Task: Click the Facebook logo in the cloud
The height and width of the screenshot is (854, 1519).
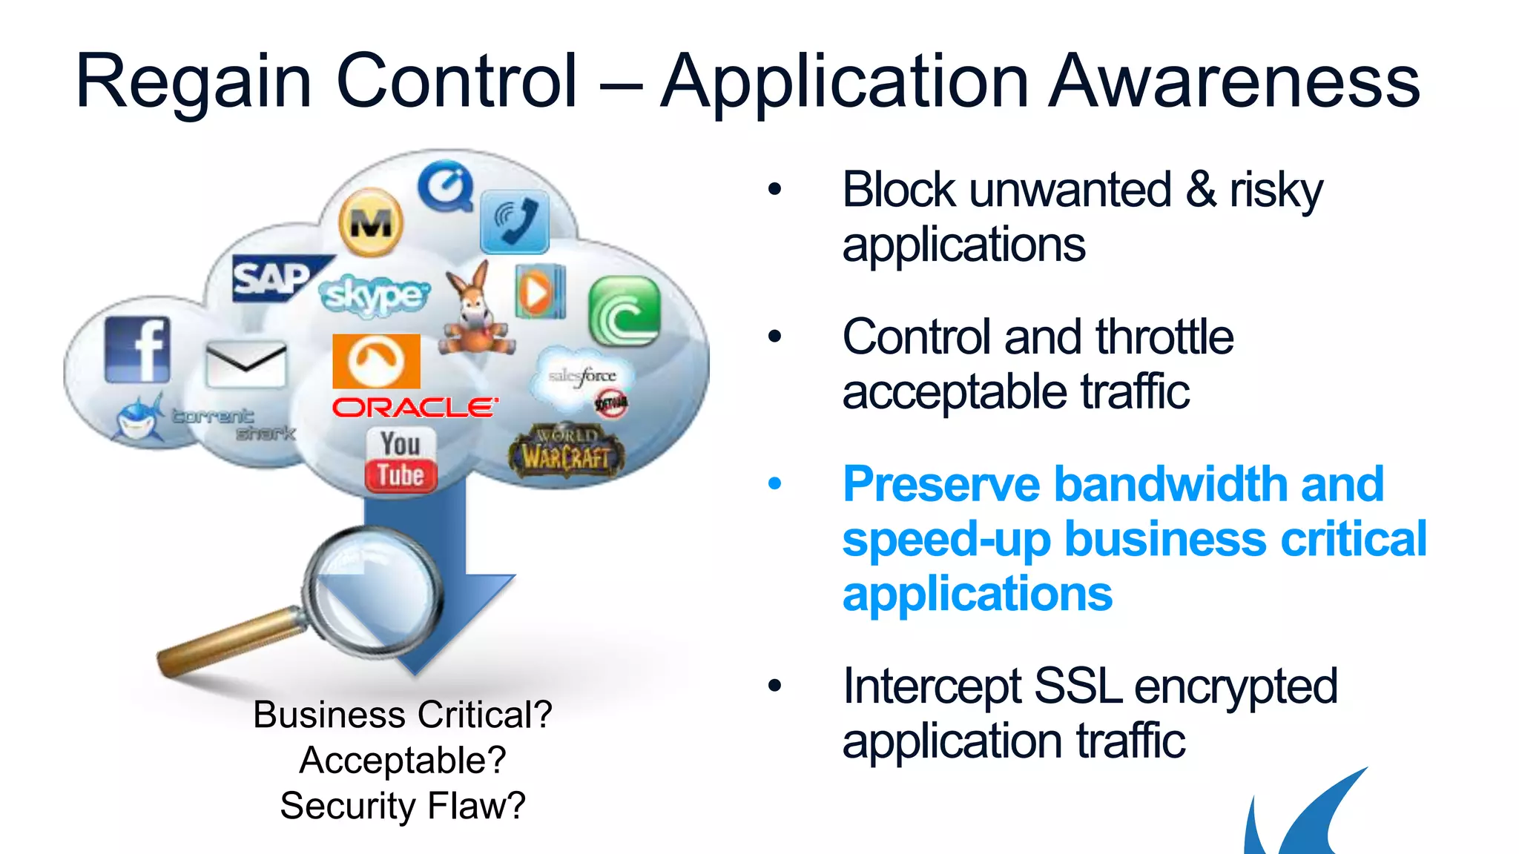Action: (x=137, y=350)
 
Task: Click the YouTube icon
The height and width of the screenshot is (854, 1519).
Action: (x=401, y=460)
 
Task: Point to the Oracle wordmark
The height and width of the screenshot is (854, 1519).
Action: (x=414, y=408)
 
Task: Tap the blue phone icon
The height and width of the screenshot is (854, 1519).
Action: (x=515, y=222)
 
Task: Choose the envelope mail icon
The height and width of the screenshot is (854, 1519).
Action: (x=246, y=363)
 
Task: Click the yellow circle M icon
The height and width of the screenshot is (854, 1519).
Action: (x=371, y=222)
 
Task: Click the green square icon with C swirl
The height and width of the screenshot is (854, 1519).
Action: (x=624, y=312)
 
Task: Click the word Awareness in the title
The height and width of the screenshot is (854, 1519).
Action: (x=1235, y=81)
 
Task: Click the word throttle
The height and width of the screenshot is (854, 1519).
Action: (x=1164, y=337)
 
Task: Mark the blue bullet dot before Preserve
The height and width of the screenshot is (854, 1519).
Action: (x=775, y=485)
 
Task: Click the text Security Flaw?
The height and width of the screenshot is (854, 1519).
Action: (x=403, y=806)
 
